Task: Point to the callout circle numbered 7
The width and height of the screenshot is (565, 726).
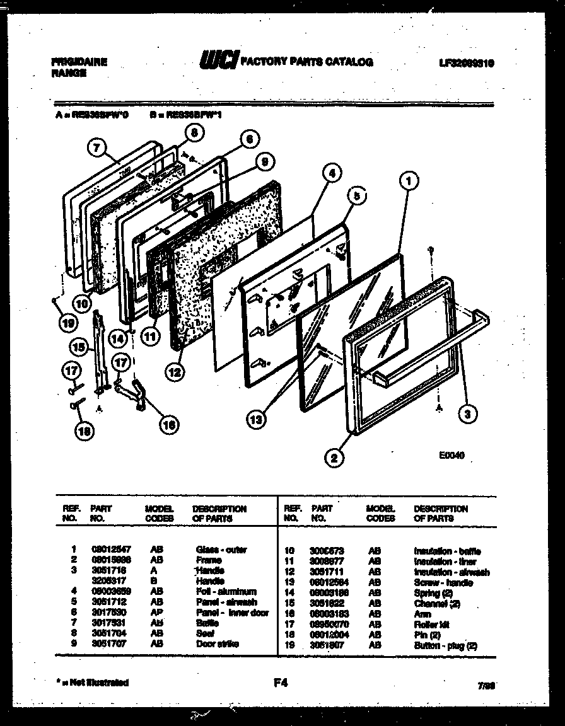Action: [95, 149]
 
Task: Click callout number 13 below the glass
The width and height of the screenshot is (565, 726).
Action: [256, 418]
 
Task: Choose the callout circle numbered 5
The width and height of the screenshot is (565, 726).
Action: [356, 196]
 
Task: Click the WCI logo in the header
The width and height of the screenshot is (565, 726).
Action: [218, 61]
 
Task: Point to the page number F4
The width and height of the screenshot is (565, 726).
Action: [281, 682]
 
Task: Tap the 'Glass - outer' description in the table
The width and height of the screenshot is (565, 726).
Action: [221, 550]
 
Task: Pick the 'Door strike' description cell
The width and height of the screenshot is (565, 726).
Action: [217, 644]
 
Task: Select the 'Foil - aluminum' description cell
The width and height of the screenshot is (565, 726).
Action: [226, 592]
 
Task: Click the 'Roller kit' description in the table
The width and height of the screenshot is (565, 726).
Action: [431, 625]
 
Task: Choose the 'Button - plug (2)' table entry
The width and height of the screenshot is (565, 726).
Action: [445, 646]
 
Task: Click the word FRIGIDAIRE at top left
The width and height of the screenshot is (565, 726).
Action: [78, 62]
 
